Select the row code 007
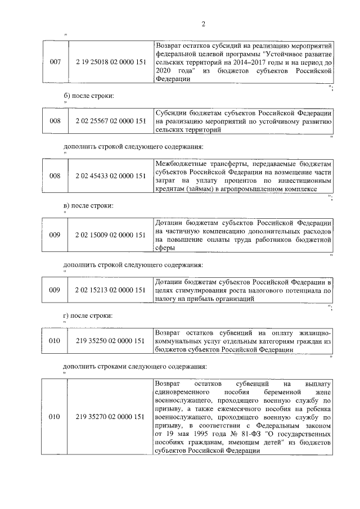(x=55, y=62)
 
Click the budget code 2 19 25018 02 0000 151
(x=110, y=62)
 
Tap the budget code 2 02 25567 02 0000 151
(x=110, y=120)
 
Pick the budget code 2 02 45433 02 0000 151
(x=110, y=175)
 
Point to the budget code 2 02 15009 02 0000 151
(x=110, y=234)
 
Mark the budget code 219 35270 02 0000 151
(x=110, y=417)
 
